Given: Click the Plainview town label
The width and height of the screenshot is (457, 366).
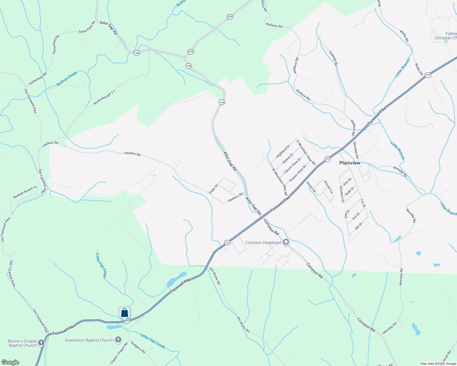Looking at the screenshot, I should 350,163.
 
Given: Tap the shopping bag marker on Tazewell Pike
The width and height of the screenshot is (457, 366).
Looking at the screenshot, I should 124,313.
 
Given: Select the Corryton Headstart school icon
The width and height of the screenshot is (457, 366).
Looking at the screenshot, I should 286,242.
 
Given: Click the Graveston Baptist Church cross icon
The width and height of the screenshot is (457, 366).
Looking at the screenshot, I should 118,340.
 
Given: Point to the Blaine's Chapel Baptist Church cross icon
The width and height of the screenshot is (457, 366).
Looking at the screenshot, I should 41,343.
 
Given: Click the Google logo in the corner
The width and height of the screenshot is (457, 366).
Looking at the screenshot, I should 10,362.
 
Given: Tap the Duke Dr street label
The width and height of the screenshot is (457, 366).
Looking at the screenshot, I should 214,189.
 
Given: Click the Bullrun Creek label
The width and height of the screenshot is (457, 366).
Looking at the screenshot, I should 67,79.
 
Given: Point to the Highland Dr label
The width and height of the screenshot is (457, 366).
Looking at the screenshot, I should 283,152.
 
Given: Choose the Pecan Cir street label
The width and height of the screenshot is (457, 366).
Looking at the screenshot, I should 328,187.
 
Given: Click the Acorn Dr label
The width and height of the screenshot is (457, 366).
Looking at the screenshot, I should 311,187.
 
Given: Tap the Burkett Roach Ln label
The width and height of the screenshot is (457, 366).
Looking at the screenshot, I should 25,192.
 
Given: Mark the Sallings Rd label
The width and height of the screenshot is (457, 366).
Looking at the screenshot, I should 333,58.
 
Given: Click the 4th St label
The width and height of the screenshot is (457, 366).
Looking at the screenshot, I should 359,226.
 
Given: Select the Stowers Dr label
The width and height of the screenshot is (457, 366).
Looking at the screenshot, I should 342,195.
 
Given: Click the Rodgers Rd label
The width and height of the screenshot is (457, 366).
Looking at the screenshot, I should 138,347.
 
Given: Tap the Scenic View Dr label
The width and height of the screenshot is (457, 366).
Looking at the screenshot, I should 298,173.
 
